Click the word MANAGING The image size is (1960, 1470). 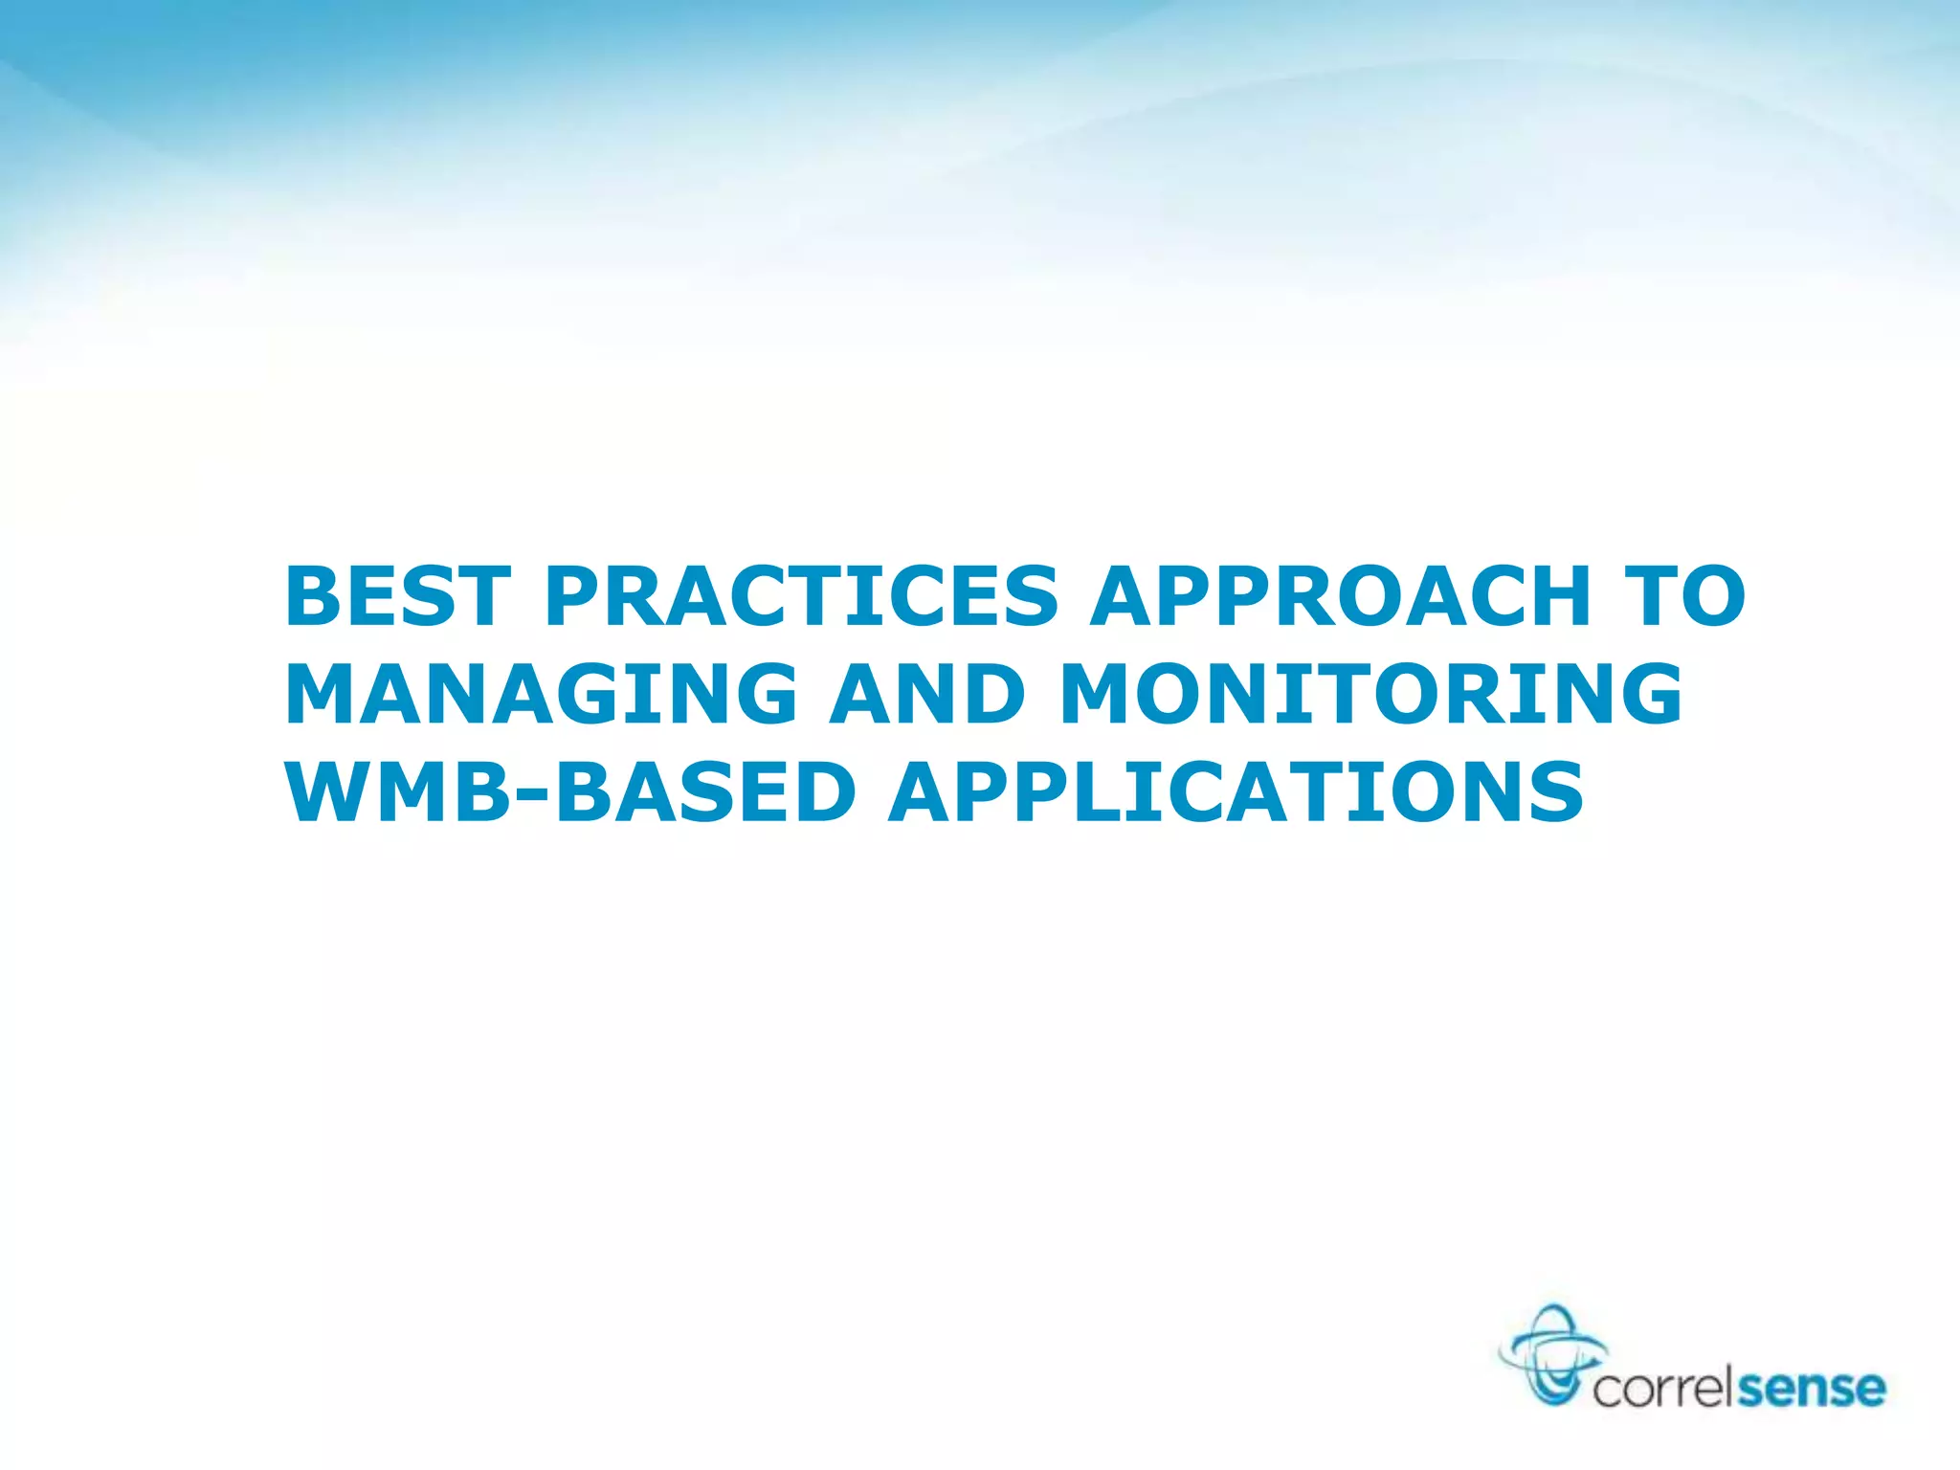(x=541, y=695)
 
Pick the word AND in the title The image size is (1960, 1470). (x=926, y=695)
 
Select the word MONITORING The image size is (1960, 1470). (x=1370, y=695)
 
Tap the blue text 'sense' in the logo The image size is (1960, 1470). (x=1811, y=1389)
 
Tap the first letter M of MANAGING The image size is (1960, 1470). (x=325, y=695)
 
